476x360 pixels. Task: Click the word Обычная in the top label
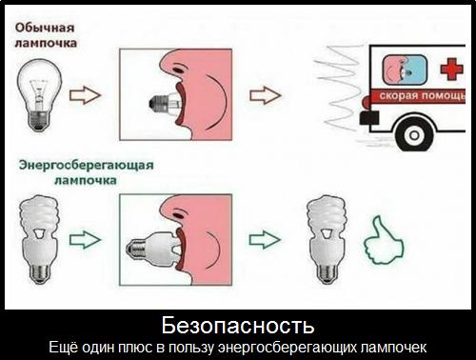tap(45, 28)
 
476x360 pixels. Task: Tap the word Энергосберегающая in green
tap(86, 165)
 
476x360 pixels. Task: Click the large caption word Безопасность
tap(238, 326)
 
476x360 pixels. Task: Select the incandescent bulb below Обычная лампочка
tap(39, 95)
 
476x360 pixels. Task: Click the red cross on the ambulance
tap(451, 69)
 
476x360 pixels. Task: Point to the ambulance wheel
tap(414, 135)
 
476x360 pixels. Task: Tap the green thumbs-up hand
tap(384, 241)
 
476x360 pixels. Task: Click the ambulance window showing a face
tap(405, 70)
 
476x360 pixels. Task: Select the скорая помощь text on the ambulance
tap(423, 96)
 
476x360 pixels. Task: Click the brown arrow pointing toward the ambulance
tap(266, 95)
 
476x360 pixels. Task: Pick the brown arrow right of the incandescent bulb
tap(85, 95)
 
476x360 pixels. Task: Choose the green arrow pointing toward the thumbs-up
tap(265, 240)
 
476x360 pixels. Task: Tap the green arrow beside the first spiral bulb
tap(85, 240)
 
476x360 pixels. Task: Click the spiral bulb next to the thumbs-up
tap(327, 239)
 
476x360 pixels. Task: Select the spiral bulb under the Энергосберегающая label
tap(39, 239)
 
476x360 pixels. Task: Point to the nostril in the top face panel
tap(178, 68)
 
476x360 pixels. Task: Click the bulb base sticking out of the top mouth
tap(158, 103)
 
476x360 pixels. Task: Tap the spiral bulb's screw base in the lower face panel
tap(136, 248)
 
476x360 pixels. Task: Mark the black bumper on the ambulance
tap(369, 117)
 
